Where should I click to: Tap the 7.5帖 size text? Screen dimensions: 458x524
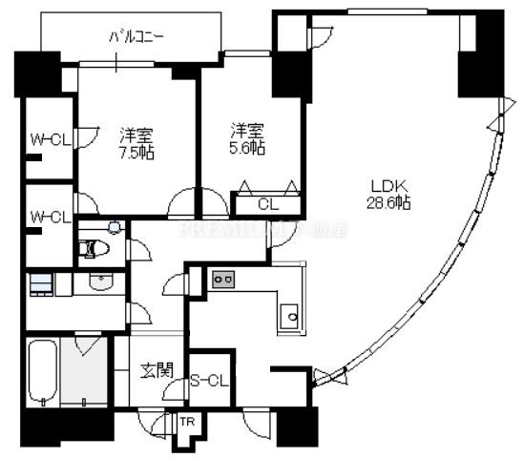pyautogui.click(x=137, y=153)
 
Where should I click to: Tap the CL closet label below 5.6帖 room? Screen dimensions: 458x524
pyautogui.click(x=268, y=203)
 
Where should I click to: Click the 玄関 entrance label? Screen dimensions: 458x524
pyautogui.click(x=155, y=368)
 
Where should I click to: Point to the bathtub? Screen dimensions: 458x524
pyautogui.click(x=42, y=372)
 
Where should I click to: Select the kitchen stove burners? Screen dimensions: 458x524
pyautogui.click(x=224, y=279)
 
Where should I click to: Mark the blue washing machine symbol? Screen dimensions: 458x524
pyautogui.click(x=39, y=284)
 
